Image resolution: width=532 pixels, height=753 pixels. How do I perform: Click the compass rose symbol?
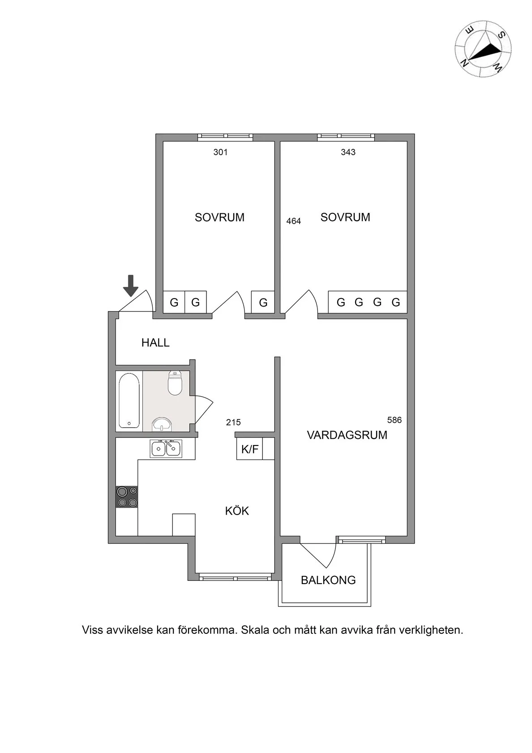click(x=483, y=49)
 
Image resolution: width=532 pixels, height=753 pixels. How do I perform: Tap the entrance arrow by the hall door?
click(x=131, y=286)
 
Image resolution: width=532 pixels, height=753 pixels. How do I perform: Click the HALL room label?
click(x=155, y=343)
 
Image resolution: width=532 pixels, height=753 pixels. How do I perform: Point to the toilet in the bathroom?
click(x=175, y=384)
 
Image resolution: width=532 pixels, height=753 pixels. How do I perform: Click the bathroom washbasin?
click(x=162, y=424)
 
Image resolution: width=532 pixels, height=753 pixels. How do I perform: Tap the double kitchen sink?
click(x=166, y=448)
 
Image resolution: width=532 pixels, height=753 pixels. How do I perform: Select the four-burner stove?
click(x=127, y=497)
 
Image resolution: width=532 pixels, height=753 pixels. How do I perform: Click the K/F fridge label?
click(x=250, y=449)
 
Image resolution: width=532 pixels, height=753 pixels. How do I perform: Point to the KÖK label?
click(x=237, y=511)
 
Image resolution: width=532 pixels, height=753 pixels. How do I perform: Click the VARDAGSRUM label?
click(x=347, y=435)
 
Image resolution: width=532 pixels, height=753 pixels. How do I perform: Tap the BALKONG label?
click(x=328, y=580)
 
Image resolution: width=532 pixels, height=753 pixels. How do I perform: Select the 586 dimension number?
click(x=395, y=420)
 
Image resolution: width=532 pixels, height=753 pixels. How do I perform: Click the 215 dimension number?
click(x=233, y=422)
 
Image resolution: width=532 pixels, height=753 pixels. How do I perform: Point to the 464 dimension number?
click(x=293, y=221)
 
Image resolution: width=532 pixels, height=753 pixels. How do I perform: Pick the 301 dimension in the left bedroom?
click(x=220, y=152)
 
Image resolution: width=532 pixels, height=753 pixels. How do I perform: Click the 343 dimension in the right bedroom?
click(x=348, y=152)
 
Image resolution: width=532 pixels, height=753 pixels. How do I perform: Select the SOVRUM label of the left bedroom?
click(x=219, y=217)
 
